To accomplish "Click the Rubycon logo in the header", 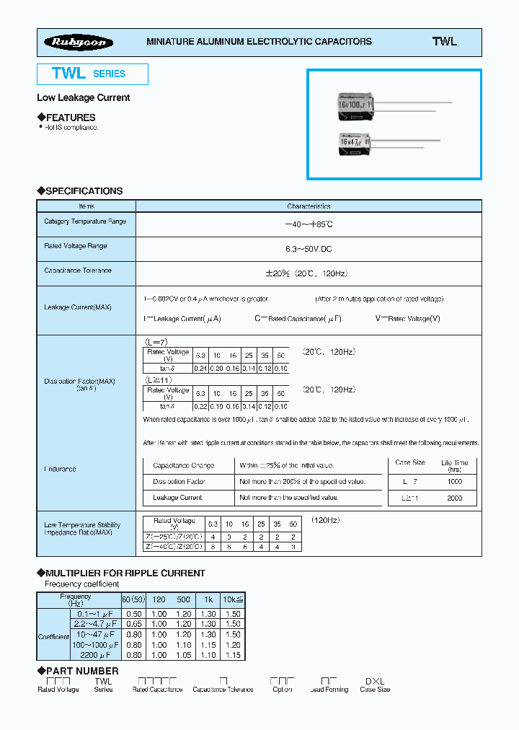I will (79, 42).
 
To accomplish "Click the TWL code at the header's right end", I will (444, 42).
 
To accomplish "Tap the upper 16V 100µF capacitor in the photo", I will (358, 106).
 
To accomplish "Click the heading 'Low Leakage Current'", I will (83, 97).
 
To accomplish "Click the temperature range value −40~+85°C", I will (309, 224).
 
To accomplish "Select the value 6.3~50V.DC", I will (309, 248).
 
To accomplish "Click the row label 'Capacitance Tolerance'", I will (78, 271).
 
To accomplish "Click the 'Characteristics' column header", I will (309, 206).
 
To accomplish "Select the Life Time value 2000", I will (453, 498).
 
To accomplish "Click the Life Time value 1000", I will (453, 481).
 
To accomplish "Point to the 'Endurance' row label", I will (60, 469).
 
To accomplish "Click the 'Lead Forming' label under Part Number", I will (329, 690).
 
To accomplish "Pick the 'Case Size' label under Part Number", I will (375, 690).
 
